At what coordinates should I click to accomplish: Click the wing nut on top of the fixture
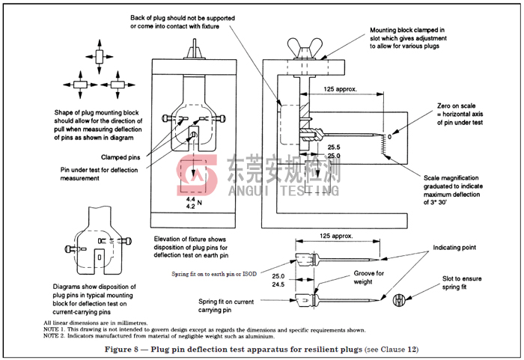click(x=305, y=49)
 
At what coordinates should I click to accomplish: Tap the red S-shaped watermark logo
click(x=197, y=174)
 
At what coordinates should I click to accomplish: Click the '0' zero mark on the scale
click(x=389, y=137)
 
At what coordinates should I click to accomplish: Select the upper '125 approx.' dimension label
click(x=340, y=89)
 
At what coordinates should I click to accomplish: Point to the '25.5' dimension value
click(x=334, y=147)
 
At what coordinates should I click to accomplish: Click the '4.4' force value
click(x=190, y=199)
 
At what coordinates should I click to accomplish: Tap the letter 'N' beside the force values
click(x=200, y=203)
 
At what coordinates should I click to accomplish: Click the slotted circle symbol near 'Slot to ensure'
click(x=399, y=300)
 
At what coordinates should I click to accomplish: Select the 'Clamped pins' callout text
click(x=121, y=157)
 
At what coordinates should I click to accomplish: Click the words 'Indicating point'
click(x=454, y=248)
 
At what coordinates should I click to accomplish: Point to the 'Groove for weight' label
click(x=368, y=278)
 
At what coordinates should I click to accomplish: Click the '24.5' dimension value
click(x=278, y=284)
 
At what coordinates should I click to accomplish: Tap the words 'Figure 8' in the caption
click(x=121, y=350)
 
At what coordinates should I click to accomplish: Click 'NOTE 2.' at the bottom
click(x=54, y=336)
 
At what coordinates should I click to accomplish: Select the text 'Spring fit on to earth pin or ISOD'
click(x=214, y=274)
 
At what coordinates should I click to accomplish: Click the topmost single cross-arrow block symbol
click(x=100, y=56)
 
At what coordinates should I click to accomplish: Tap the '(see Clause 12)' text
click(x=392, y=350)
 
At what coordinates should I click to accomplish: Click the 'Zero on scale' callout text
click(x=456, y=106)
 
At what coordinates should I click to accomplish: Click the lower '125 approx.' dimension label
click(x=336, y=236)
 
